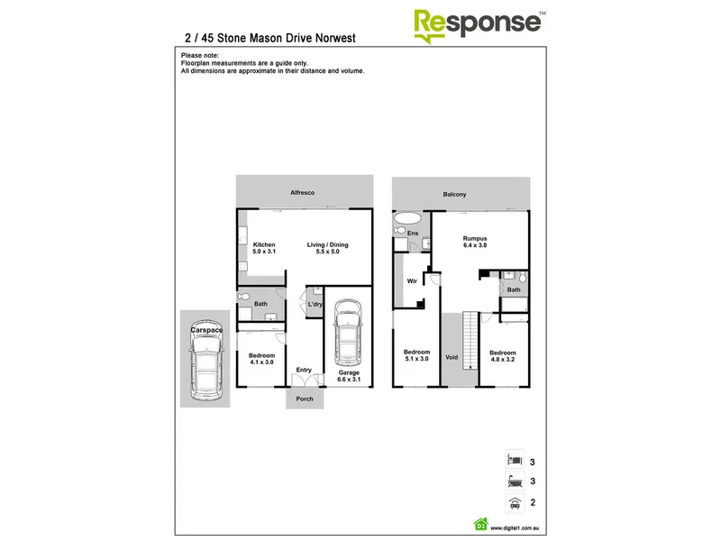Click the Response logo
[479, 26]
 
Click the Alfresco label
[302, 193]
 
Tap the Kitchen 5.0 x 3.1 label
[264, 248]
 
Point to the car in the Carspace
[205, 360]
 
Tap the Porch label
[305, 399]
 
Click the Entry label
[304, 370]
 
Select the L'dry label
[315, 304]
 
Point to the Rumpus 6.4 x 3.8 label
[475, 242]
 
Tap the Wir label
[412, 281]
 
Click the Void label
[452, 357]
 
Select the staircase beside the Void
[470, 340]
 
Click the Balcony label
[454, 195]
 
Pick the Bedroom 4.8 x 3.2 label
[503, 356]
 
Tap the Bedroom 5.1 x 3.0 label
[416, 355]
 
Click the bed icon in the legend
[515, 459]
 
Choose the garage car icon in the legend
[515, 503]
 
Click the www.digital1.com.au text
[515, 528]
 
